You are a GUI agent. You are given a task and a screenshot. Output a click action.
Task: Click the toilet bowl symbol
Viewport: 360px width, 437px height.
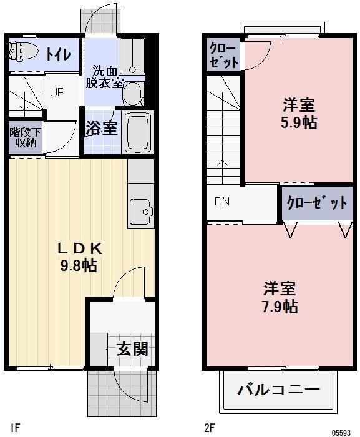click(x=23, y=51)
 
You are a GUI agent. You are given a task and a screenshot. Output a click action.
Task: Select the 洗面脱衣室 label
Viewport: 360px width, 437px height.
click(x=104, y=76)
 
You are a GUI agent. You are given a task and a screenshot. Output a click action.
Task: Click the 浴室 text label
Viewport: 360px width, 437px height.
click(x=102, y=129)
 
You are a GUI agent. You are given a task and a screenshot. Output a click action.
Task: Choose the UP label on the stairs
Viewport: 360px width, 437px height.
click(x=57, y=92)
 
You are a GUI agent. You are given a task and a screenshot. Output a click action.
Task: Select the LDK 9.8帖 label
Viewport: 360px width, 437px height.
click(x=79, y=256)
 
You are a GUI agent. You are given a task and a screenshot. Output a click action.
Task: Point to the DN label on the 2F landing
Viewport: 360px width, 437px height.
click(x=221, y=202)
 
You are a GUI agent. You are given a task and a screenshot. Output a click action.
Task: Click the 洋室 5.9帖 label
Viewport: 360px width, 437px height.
click(x=299, y=112)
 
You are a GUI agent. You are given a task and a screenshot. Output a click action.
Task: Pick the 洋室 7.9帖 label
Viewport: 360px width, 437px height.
click(x=279, y=297)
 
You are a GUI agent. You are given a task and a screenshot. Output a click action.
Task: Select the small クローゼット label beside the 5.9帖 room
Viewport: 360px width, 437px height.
click(x=223, y=55)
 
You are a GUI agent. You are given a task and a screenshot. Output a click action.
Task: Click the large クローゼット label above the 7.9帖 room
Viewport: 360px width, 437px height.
click(x=316, y=203)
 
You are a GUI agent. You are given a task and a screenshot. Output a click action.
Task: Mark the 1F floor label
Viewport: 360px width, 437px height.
click(x=15, y=428)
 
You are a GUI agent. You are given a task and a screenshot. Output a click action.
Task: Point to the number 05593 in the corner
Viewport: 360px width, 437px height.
click(x=342, y=431)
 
